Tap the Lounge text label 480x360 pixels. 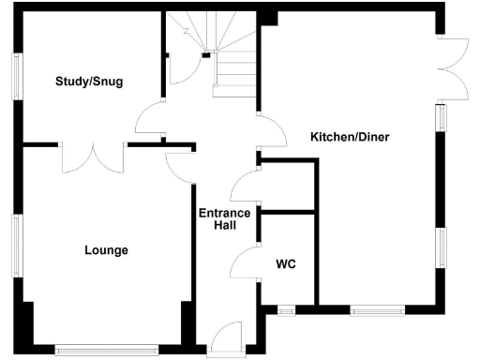[106, 250]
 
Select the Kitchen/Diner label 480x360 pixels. [350, 138]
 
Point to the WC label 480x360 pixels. [286, 264]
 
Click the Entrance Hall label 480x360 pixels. [225, 219]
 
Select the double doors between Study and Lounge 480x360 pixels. [94, 157]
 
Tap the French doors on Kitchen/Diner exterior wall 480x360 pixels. [454, 65]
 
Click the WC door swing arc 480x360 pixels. [245, 262]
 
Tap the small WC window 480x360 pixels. [286, 308]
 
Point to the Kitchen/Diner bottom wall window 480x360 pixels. [378, 308]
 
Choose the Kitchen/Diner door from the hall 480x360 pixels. [271, 131]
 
